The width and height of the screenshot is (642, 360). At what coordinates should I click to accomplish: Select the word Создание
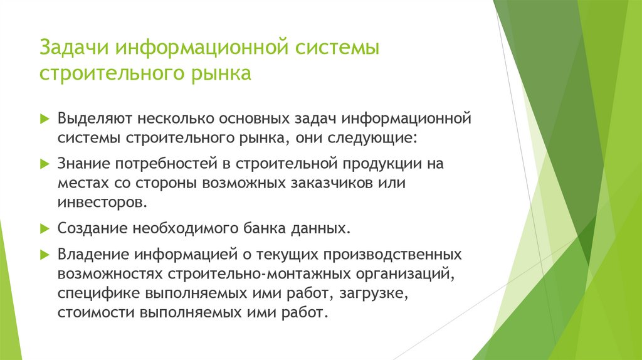pyautogui.click(x=91, y=229)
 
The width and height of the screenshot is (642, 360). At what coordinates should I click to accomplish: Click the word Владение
pyautogui.click(x=92, y=255)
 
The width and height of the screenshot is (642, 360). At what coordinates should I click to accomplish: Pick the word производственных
pyautogui.click(x=394, y=255)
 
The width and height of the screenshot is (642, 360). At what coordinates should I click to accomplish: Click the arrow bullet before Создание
pyautogui.click(x=45, y=228)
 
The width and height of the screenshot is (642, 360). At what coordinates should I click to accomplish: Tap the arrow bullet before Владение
pyautogui.click(x=45, y=255)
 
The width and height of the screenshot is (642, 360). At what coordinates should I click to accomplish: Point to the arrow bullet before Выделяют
pyautogui.click(x=45, y=118)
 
